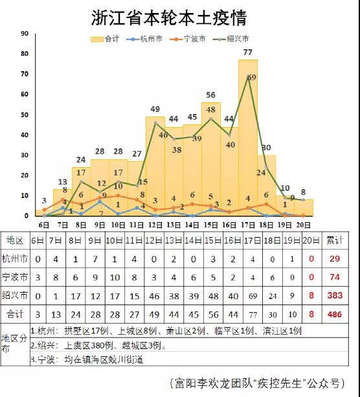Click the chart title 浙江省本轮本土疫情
click(x=169, y=17)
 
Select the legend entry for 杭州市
click(x=144, y=39)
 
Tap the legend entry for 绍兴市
click(x=231, y=39)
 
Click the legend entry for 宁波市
click(x=188, y=39)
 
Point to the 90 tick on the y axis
click(x=25, y=34)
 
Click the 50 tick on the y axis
click(x=25, y=115)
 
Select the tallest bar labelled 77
click(x=248, y=138)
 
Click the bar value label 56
click(x=210, y=95)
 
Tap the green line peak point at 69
click(x=248, y=76)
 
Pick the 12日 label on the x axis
click(x=155, y=225)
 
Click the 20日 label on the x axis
click(x=303, y=225)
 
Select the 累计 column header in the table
click(x=335, y=240)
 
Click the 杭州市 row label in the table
click(x=15, y=259)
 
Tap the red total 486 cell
click(x=335, y=315)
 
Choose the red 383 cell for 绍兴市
click(x=335, y=295)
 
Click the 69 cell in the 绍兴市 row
click(x=253, y=296)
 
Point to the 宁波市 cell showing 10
click(x=115, y=277)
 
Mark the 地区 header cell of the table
click(x=15, y=240)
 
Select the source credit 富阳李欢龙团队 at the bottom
click(x=214, y=383)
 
